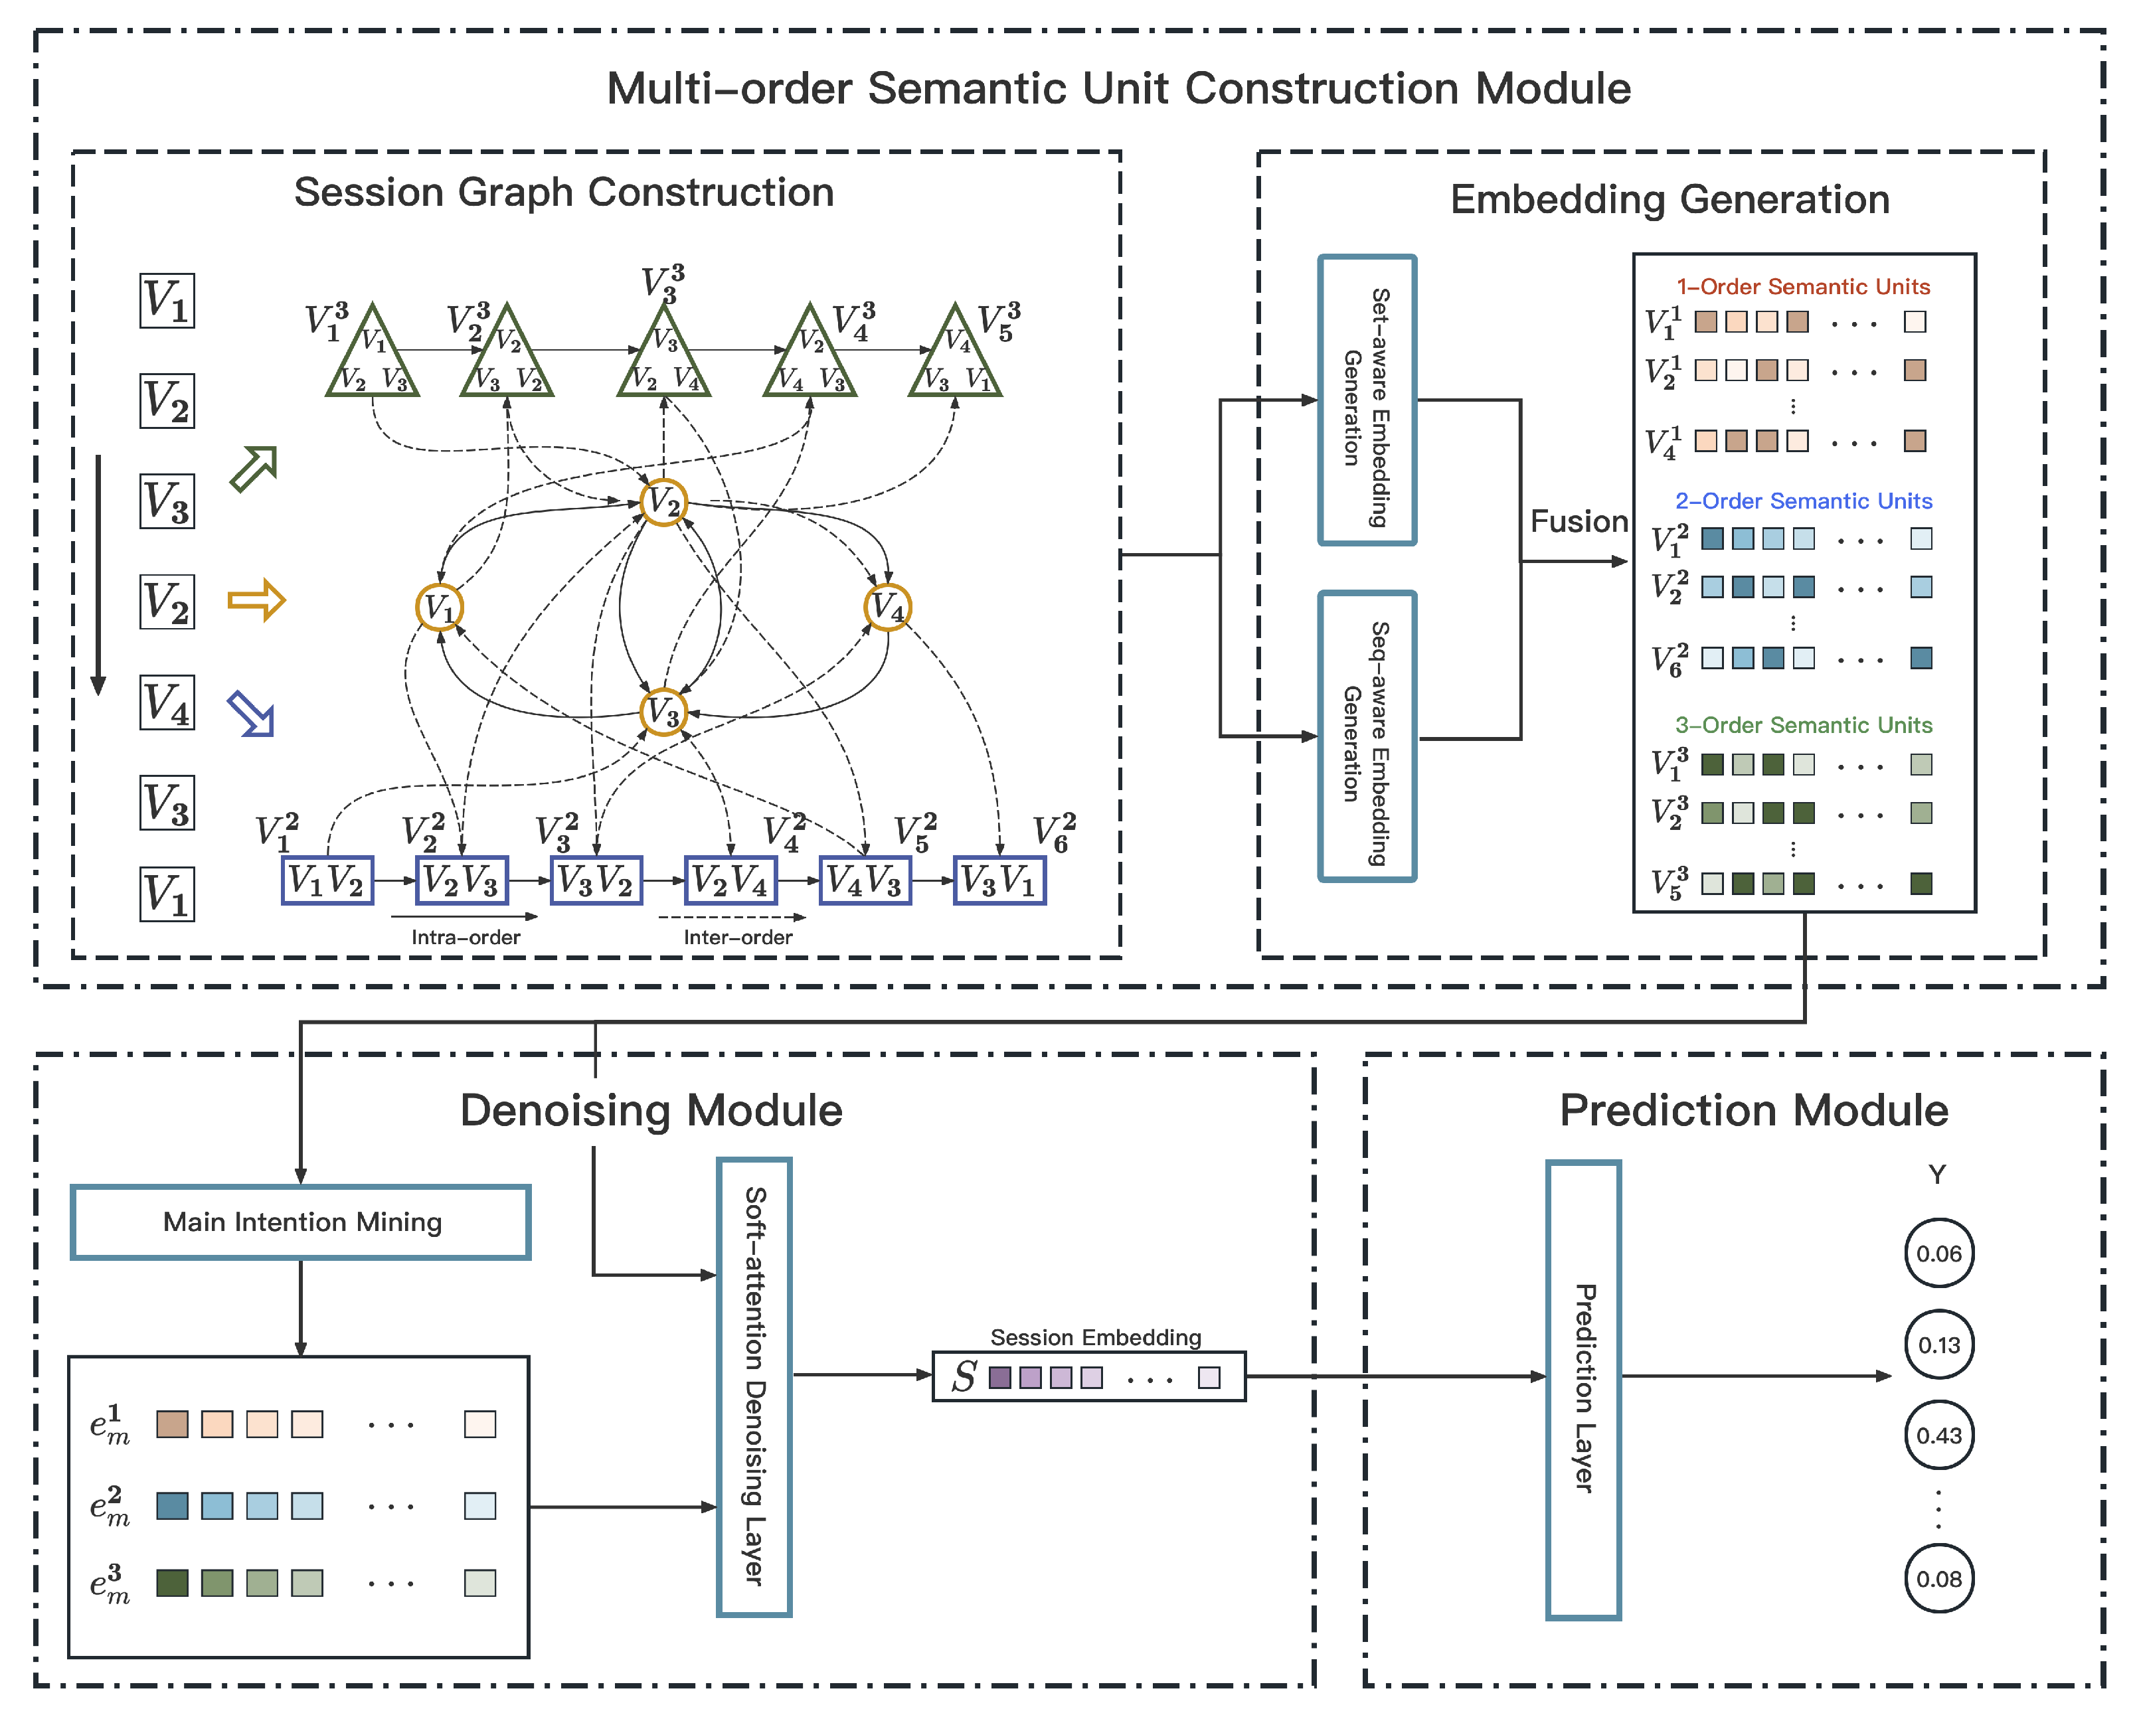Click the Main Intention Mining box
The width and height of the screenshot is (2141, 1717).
(x=301, y=1222)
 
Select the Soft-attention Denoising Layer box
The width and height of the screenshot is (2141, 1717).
(x=754, y=1386)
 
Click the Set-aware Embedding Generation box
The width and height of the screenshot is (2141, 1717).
(x=1367, y=400)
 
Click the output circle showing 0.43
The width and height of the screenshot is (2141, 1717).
(x=1938, y=1435)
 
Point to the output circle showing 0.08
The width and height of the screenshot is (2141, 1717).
(x=1938, y=1578)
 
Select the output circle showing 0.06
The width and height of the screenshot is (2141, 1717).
(x=1938, y=1254)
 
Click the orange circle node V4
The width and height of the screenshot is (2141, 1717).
(x=887, y=607)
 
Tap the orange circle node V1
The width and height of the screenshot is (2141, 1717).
(x=439, y=607)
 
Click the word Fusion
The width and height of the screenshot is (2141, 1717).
(x=1578, y=521)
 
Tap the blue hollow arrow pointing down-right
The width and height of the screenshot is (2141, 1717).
(x=251, y=713)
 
